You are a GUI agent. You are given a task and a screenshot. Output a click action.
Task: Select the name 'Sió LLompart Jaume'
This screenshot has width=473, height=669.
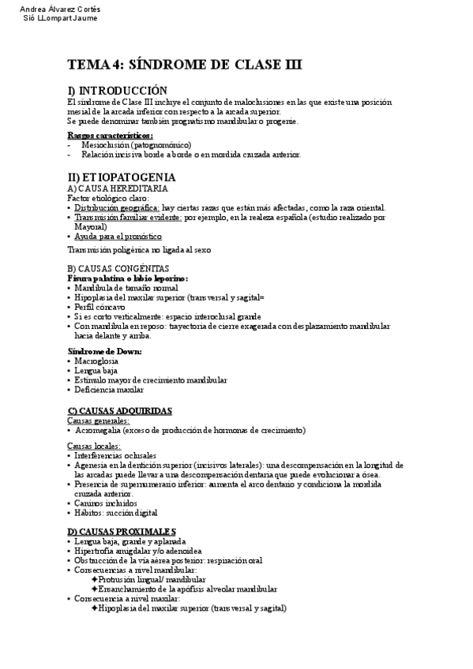[x=62, y=18]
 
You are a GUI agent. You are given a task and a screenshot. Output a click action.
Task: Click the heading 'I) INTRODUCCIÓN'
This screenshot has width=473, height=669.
[x=118, y=91]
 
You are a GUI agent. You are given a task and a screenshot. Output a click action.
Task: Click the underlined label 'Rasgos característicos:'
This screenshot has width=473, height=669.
[x=110, y=136]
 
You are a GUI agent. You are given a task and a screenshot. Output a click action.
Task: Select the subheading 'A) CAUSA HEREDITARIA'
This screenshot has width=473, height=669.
[x=117, y=189]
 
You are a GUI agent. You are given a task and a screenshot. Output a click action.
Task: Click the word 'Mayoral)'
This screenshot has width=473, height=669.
[x=91, y=226]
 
